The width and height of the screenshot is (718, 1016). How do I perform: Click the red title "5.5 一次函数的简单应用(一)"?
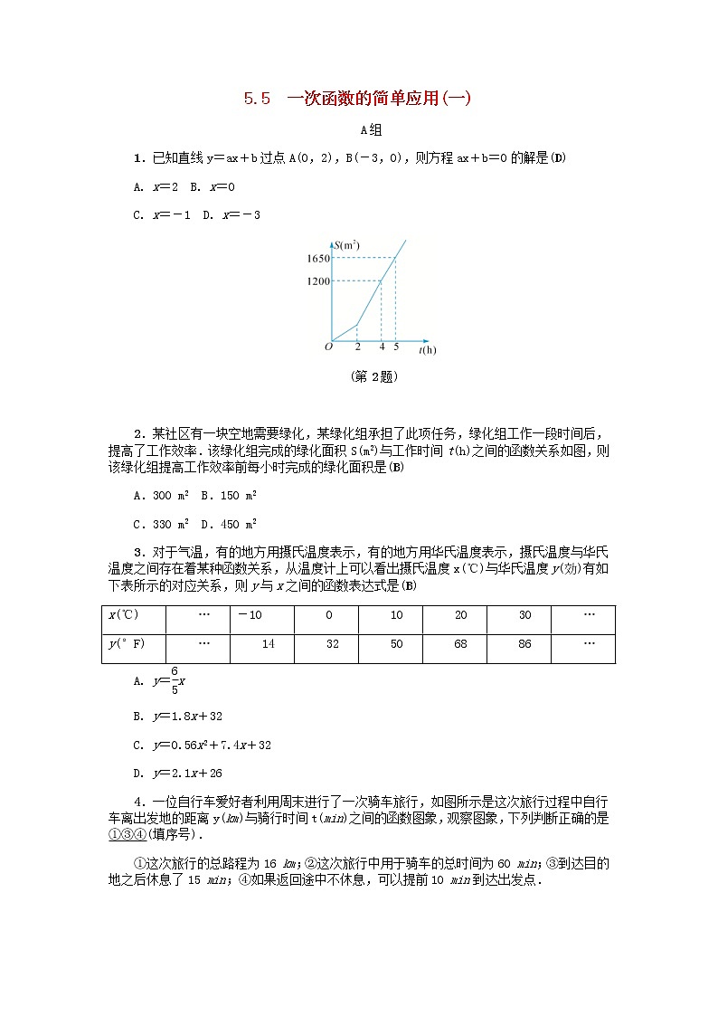click(x=357, y=100)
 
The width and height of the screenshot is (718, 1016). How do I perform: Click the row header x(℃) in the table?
click(x=123, y=615)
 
